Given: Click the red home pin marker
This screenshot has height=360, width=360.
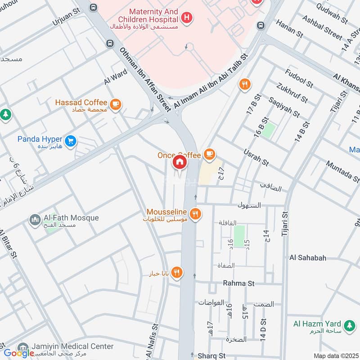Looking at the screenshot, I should [x=180, y=162].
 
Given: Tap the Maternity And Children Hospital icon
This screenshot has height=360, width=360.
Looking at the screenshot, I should [x=186, y=18].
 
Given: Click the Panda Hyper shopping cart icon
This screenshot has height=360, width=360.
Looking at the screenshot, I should [x=70, y=141].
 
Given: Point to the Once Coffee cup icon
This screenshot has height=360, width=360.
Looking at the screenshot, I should [x=208, y=154].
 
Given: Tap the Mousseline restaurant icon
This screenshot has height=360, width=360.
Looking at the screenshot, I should [x=194, y=214].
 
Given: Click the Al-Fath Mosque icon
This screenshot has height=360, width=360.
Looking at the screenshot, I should [x=35, y=220].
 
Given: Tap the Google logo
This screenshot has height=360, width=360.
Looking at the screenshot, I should [x=18, y=353].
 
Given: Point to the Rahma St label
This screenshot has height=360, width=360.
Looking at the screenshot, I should [x=238, y=283].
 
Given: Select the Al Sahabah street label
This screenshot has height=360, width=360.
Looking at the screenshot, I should [x=308, y=258].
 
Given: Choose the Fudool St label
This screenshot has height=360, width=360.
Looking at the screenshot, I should [x=299, y=78].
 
